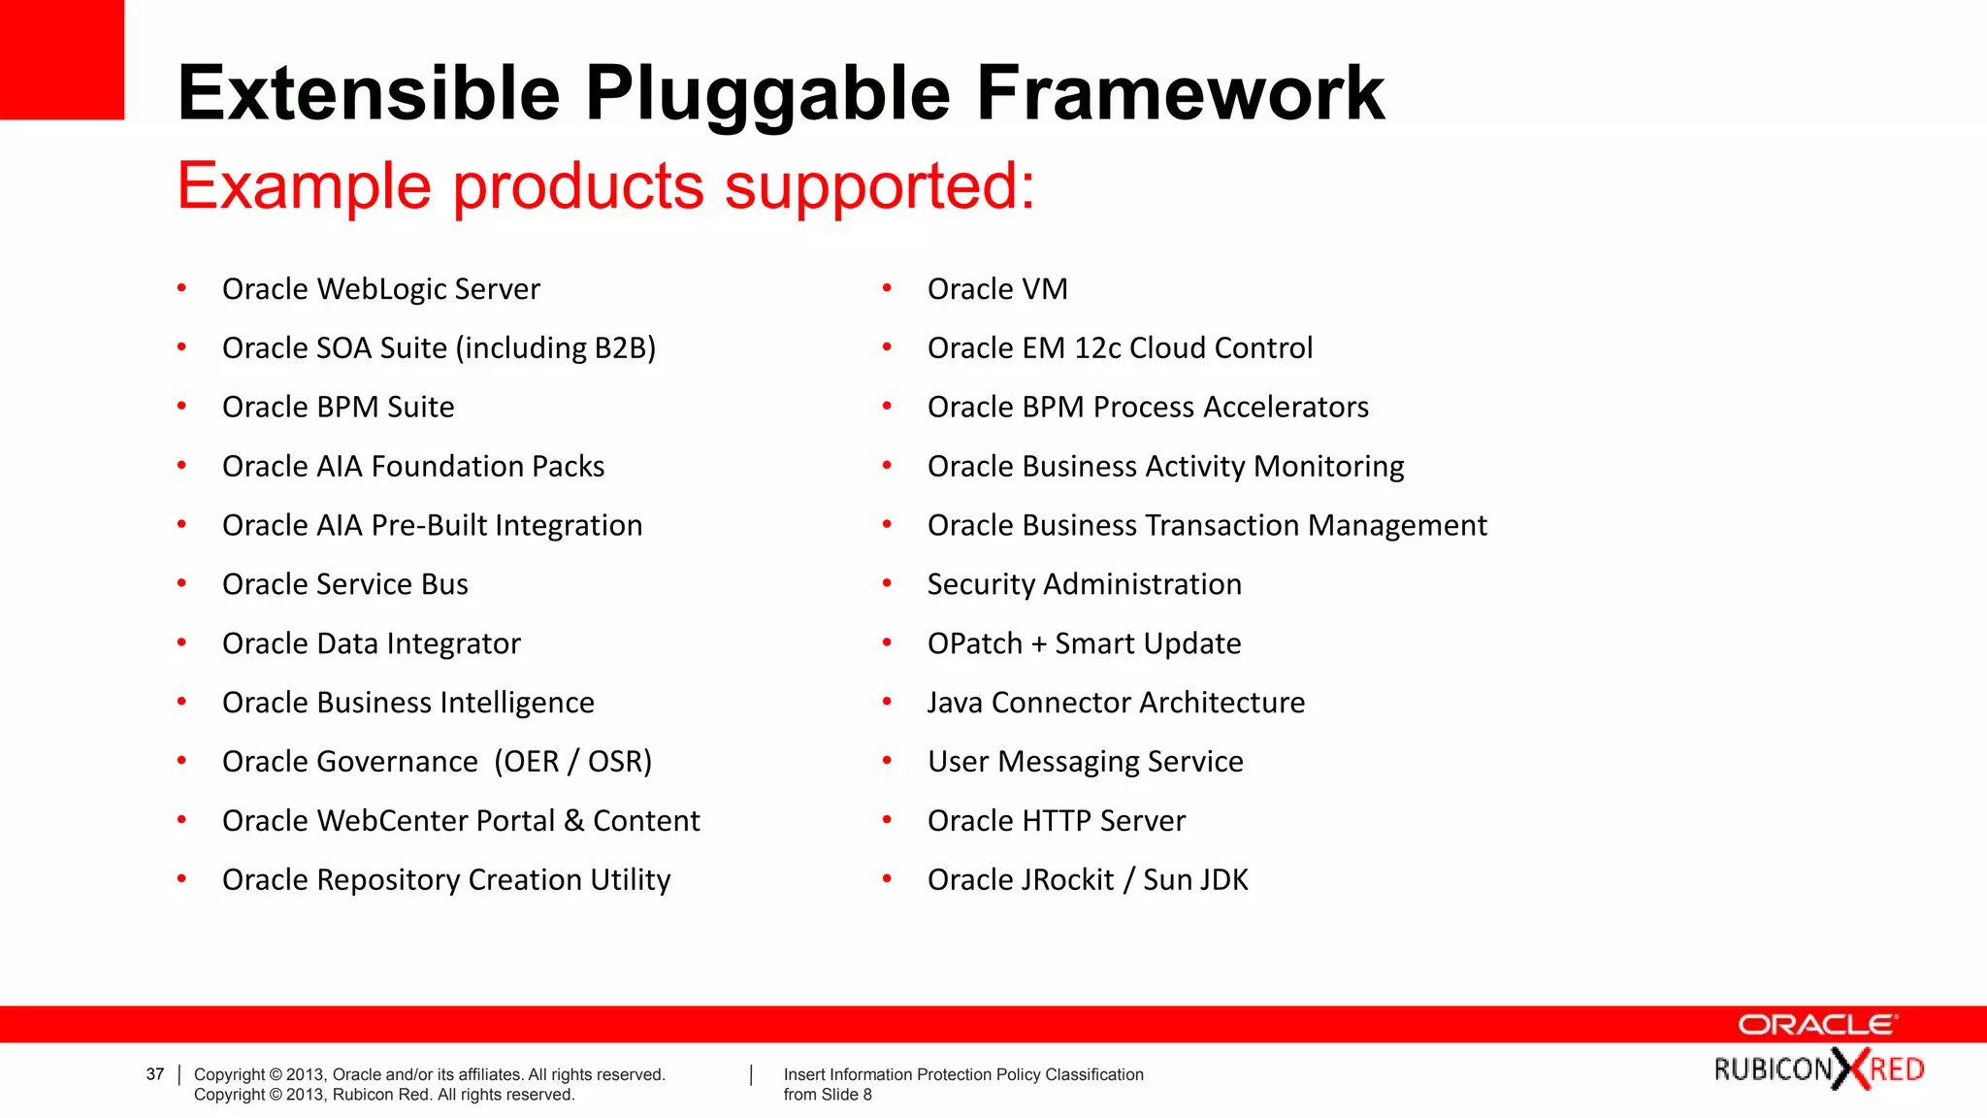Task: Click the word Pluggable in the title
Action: (766, 94)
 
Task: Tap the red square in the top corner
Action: (61, 59)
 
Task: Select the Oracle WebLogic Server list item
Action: (380, 289)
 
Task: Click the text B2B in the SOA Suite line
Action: (620, 348)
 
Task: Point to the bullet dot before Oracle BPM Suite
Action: (181, 407)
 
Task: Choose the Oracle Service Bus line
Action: (344, 584)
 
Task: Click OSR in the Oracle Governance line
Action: (614, 762)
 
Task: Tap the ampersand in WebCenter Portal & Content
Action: (574, 821)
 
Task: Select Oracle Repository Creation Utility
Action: (445, 880)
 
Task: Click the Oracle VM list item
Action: (996, 289)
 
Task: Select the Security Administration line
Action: (1084, 584)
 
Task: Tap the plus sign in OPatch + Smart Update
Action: (1038, 644)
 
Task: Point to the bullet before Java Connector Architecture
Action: (887, 702)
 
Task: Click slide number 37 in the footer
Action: (155, 1074)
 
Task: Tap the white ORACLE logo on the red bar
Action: (1816, 1025)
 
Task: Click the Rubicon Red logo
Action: (1818, 1069)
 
